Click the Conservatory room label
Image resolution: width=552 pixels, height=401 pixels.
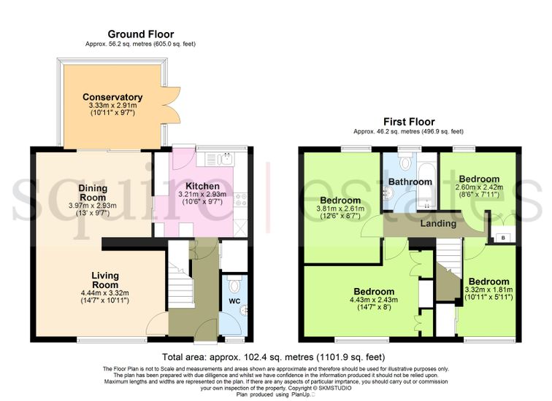112,97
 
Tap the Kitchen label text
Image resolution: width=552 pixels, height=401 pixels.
202,186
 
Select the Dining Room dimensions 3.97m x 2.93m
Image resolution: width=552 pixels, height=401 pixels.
93,206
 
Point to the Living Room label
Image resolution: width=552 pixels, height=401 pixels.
105,280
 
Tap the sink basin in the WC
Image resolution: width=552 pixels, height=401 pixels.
244,311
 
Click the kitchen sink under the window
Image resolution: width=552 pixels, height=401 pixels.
226,159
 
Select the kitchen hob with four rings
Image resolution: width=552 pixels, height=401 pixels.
241,200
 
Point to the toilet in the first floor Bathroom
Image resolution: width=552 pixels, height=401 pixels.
406,162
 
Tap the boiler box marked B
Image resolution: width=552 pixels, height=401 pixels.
503,238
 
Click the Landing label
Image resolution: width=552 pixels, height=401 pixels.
438,224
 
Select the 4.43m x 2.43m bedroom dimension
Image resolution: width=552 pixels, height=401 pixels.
374,300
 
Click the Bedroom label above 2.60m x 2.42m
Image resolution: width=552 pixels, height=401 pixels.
479,179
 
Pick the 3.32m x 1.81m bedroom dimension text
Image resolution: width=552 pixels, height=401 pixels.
488,290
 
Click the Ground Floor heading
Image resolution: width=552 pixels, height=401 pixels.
141,34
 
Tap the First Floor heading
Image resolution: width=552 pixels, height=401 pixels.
409,122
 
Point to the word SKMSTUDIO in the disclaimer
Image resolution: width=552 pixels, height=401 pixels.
335,389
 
